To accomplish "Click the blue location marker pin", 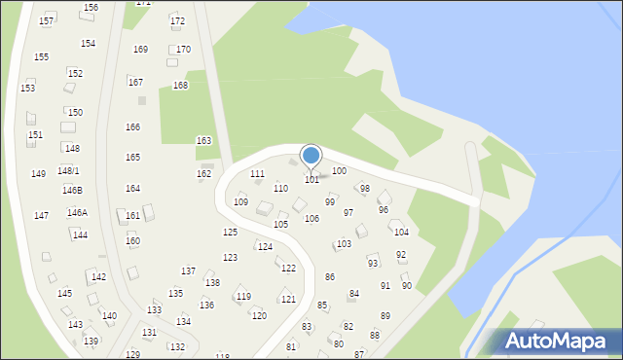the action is tap(311, 156).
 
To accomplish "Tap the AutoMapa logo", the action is tap(552, 341).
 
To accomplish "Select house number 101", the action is tap(311, 180).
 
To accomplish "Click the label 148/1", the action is tap(68, 171).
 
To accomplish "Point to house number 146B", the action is tap(73, 191).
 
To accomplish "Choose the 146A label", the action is tap(77, 213).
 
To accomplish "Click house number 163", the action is tap(203, 141).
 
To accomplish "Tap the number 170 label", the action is tap(183, 50).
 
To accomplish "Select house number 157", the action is tap(46, 20).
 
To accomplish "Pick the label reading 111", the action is tap(257, 174).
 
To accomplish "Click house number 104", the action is tap(400, 233).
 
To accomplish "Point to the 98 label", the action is tap(365, 189).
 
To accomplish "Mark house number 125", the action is tap(230, 233).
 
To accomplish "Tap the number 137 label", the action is tap(188, 271).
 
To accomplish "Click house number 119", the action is tap(243, 297).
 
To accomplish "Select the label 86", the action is tap(330, 277).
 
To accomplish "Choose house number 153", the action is tap(27, 89).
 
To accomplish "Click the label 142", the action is tap(98, 277).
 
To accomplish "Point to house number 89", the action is tap(385, 316).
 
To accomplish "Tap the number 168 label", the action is tap(180, 86).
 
